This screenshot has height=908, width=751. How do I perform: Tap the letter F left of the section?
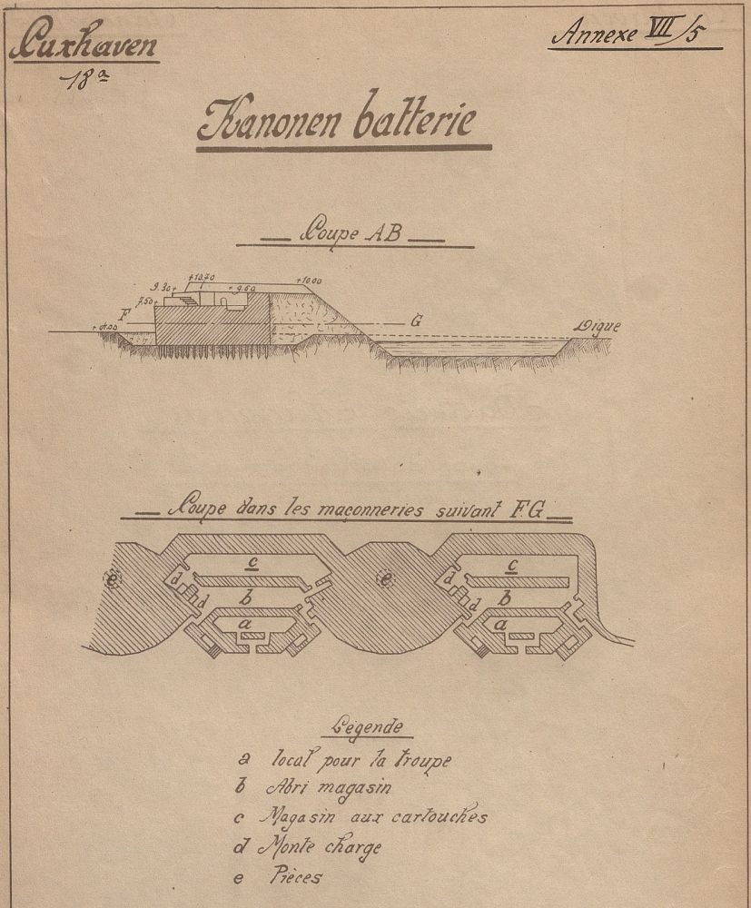(133, 315)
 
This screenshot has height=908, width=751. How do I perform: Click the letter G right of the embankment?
(416, 321)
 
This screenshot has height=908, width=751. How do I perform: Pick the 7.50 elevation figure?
(145, 301)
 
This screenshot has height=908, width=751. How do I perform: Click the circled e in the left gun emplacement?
(113, 581)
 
